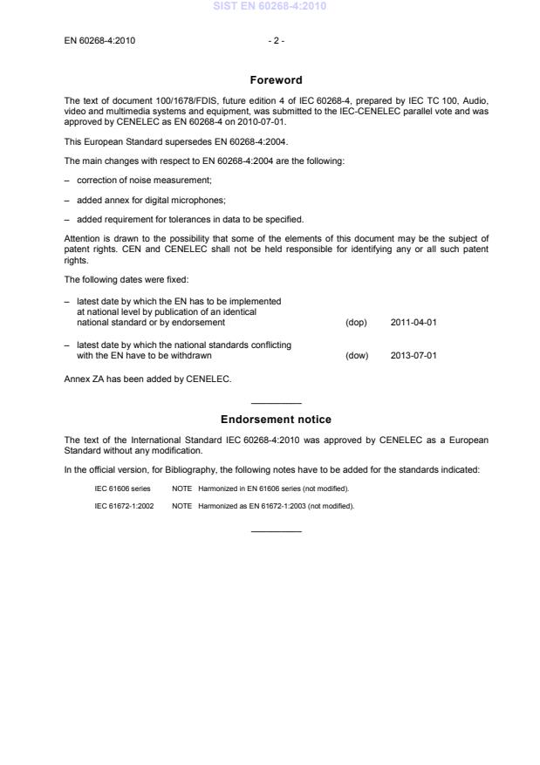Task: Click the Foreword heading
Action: point(276,80)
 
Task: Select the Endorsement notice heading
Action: point(276,420)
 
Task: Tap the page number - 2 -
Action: point(276,41)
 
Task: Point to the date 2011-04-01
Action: point(414,323)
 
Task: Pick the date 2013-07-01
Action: point(414,356)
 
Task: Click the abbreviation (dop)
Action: point(356,323)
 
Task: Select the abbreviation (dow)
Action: point(357,356)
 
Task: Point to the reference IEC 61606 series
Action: point(122,488)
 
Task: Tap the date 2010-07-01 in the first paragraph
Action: point(265,122)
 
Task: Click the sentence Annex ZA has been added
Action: point(147,379)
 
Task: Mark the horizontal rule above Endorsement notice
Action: point(276,403)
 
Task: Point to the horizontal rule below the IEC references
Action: point(276,531)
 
